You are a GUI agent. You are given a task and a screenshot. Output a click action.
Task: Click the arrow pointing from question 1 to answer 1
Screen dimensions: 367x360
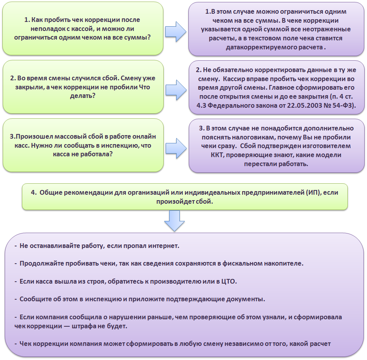click(x=176, y=32)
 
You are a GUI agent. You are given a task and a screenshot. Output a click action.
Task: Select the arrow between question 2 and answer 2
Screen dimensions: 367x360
click(x=176, y=90)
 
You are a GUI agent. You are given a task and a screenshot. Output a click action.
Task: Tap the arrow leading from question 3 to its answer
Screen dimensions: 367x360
click(x=176, y=148)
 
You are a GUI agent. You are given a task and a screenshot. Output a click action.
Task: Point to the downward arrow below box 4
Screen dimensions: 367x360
click(x=174, y=221)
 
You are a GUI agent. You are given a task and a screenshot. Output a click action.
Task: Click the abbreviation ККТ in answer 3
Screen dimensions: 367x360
click(x=217, y=155)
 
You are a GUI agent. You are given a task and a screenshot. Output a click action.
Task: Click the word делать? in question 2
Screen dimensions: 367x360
click(x=83, y=96)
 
